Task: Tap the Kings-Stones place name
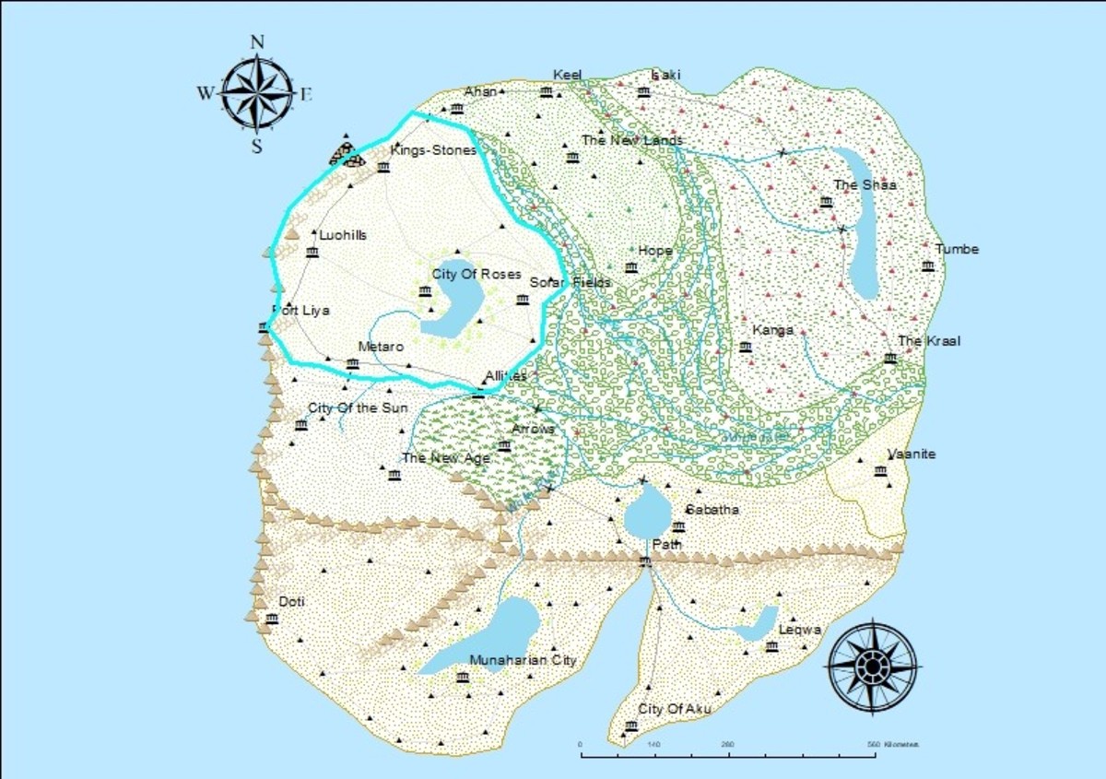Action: pyautogui.click(x=433, y=150)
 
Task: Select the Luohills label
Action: pyautogui.click(x=343, y=236)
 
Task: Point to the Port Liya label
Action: pyautogui.click(x=300, y=311)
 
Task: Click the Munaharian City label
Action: pyautogui.click(x=523, y=660)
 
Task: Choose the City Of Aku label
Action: pyautogui.click(x=675, y=709)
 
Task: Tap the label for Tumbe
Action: pyautogui.click(x=957, y=250)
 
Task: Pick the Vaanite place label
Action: pyautogui.click(x=912, y=454)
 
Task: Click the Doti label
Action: pyautogui.click(x=291, y=602)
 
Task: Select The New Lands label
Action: pyautogui.click(x=632, y=141)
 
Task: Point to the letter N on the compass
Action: pyautogui.click(x=257, y=41)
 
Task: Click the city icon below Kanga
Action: pyautogui.click(x=746, y=348)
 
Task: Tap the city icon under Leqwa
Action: pyautogui.click(x=771, y=647)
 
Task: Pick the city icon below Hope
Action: pyautogui.click(x=631, y=268)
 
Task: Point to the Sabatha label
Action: pyautogui.click(x=712, y=510)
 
